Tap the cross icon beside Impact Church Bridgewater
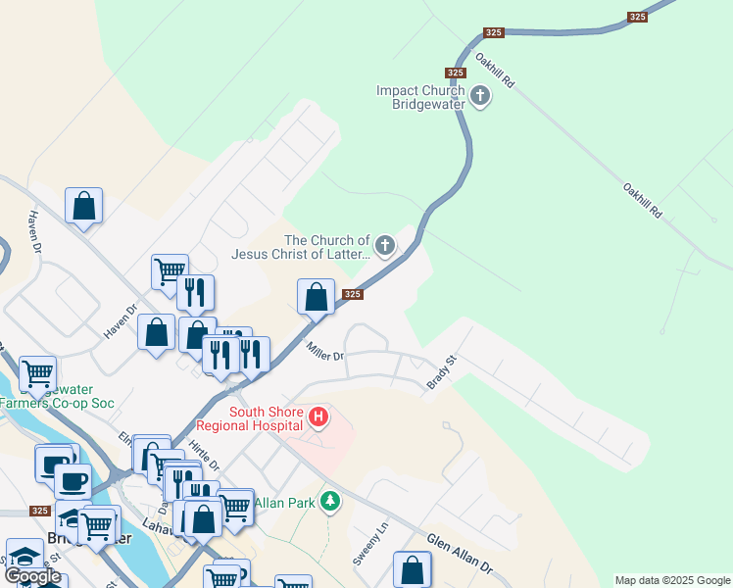click(x=480, y=96)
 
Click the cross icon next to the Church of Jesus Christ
click(x=385, y=245)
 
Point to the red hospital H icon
click(x=318, y=418)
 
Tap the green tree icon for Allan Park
click(x=331, y=502)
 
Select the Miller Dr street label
click(x=324, y=350)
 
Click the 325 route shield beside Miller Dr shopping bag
click(x=354, y=294)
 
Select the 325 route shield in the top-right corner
click(x=638, y=17)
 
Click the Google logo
click(x=31, y=576)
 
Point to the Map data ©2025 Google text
click(x=672, y=580)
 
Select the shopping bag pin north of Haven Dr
click(x=83, y=206)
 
